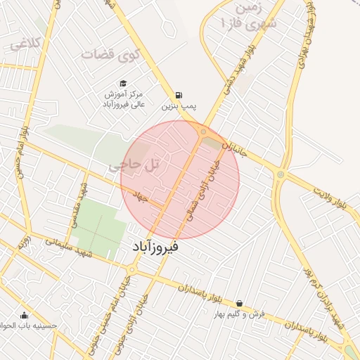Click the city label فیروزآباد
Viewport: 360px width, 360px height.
pos(155,247)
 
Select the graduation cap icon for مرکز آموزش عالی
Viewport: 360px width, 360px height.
pos(123,83)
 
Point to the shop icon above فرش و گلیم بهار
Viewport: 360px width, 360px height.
pos(240,303)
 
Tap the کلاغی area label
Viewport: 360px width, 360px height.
pos(25,44)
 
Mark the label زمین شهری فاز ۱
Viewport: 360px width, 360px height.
pos(249,17)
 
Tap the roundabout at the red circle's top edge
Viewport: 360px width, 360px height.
pos(202,131)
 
